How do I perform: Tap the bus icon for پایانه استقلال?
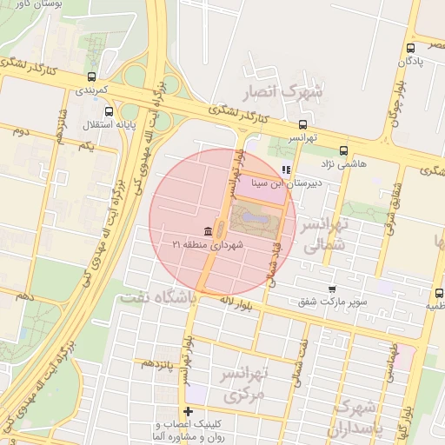click(x=109, y=111)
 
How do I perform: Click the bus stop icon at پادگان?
click(x=410, y=49)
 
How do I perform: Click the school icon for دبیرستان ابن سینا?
click(x=287, y=170)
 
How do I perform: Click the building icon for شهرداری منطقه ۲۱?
click(x=208, y=230)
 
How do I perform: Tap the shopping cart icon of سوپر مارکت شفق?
click(x=331, y=289)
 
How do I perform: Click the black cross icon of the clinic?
click(x=188, y=411)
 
